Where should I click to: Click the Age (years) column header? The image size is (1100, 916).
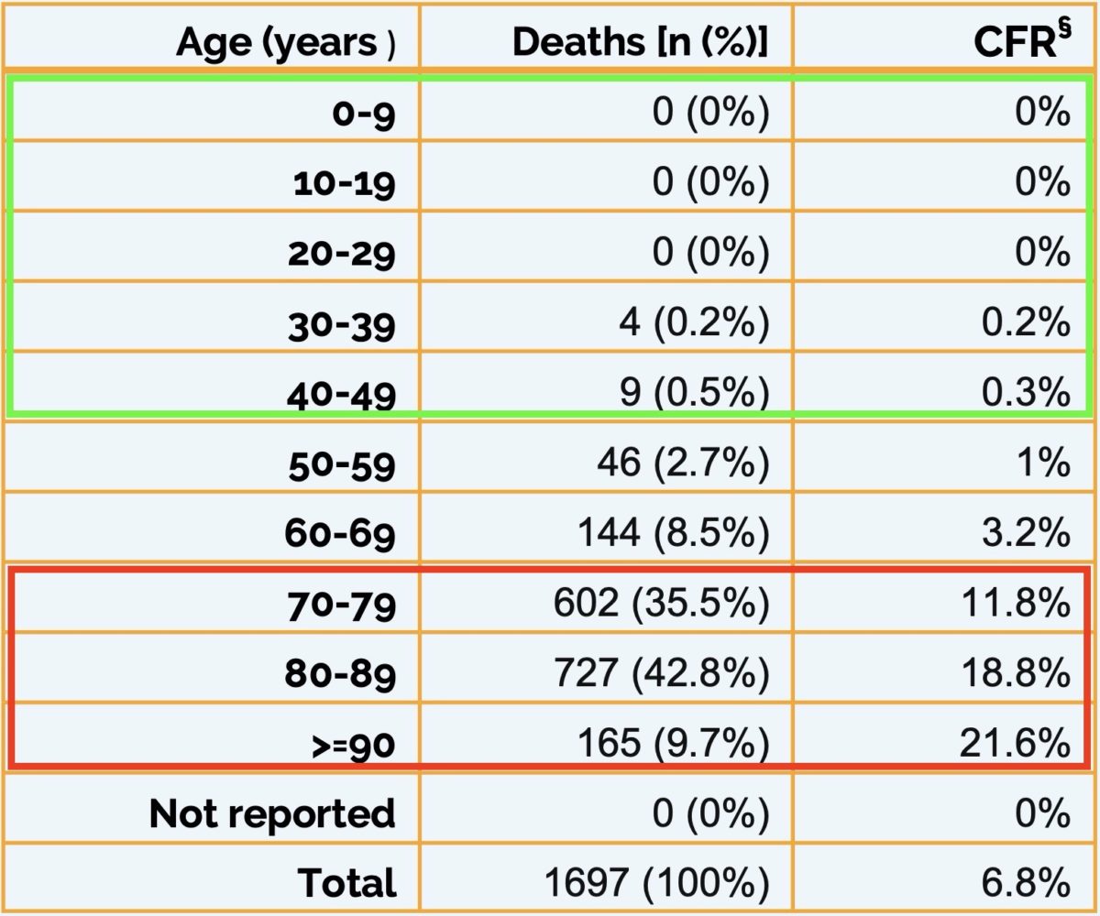tap(285, 42)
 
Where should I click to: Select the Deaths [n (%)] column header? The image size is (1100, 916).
tap(640, 42)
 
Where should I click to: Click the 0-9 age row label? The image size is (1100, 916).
tap(353, 114)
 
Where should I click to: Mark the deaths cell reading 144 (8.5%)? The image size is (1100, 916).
tap(673, 533)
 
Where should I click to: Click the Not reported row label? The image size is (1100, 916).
tap(272, 813)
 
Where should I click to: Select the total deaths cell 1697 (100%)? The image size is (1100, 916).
tap(655, 883)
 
